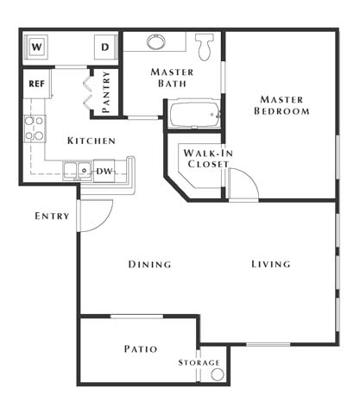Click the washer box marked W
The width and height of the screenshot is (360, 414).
(38, 46)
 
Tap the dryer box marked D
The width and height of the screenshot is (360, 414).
(104, 46)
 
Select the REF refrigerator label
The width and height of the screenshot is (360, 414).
(36, 84)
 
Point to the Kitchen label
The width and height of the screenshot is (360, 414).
(91, 141)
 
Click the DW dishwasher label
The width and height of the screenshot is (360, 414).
(104, 171)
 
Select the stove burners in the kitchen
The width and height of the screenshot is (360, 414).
(34, 129)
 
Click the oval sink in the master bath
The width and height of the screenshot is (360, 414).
(157, 41)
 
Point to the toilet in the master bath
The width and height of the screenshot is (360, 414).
(205, 47)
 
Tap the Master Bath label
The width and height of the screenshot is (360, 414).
(171, 78)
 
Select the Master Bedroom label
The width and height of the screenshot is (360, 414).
(282, 104)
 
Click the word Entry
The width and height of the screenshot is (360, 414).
(52, 216)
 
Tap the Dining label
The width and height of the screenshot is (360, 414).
(149, 264)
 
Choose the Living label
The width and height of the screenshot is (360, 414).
(271, 264)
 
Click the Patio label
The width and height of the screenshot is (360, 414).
(140, 349)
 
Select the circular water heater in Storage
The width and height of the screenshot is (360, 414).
(217, 374)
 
